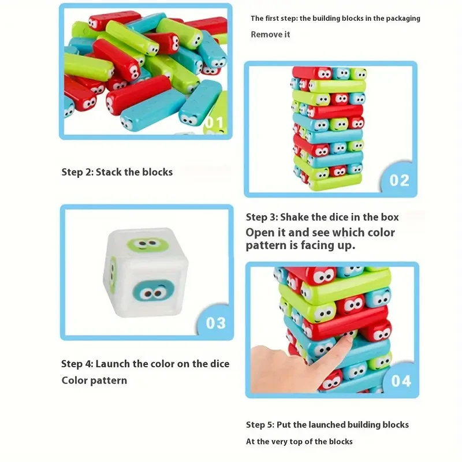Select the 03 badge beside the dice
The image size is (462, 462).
pos(215,322)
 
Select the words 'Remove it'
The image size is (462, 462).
pos(270,35)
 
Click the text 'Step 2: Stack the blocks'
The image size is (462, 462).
pos(117,172)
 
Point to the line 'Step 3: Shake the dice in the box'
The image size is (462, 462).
pos(322,217)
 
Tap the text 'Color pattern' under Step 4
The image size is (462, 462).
pos(94,381)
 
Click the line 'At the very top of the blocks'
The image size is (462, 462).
pos(299,441)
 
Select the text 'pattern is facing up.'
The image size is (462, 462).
pos(300,245)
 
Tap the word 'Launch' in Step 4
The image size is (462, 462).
pos(112,364)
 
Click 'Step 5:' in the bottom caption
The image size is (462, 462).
pos(260,424)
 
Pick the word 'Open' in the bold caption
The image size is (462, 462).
pos(259,232)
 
